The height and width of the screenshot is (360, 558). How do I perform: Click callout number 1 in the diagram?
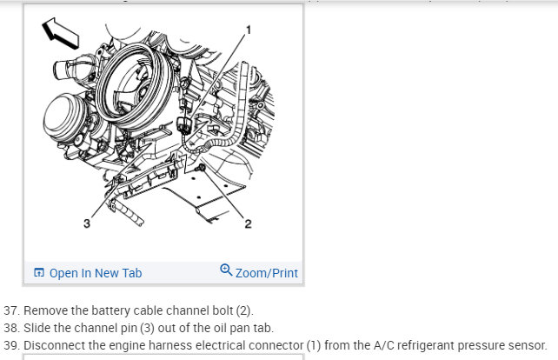point(249,30)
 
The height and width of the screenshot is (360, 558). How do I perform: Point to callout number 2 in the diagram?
point(248,225)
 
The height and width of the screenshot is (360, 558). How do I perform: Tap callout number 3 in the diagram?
point(86,224)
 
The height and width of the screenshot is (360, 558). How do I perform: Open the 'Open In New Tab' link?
point(95,273)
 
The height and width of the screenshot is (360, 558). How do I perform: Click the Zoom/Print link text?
point(267,273)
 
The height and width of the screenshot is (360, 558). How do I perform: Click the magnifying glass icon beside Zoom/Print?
point(226,271)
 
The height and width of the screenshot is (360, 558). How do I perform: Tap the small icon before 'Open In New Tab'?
point(38,273)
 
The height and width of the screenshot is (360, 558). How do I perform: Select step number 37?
point(11,310)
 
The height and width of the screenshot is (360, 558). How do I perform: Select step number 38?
point(11,328)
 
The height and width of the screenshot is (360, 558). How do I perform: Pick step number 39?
point(11,345)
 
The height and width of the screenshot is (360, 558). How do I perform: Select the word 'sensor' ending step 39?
point(527,345)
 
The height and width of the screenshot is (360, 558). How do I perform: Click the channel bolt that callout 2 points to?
point(201,166)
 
